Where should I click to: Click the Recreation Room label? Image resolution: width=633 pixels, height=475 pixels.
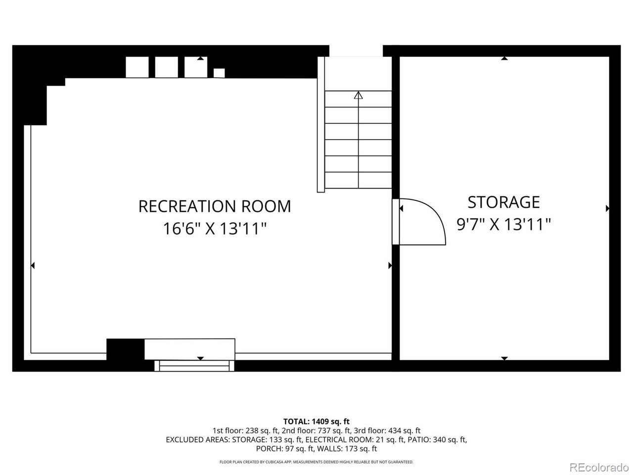click(x=215, y=206)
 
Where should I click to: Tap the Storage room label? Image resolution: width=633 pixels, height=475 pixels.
click(x=503, y=202)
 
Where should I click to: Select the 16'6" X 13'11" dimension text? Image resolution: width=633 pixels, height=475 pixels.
click(x=215, y=229)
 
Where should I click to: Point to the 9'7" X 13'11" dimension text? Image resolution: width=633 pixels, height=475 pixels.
click(x=503, y=224)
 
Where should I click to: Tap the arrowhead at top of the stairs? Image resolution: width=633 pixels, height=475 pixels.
click(x=358, y=95)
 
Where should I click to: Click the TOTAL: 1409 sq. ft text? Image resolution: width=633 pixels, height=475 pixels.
click(x=316, y=422)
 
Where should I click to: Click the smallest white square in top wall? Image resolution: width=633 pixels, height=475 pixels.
click(x=219, y=73)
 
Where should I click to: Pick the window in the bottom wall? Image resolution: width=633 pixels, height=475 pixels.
click(x=194, y=366)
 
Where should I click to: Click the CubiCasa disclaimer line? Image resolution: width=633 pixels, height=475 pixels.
click(x=316, y=462)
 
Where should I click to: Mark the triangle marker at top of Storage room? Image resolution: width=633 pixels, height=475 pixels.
click(x=504, y=58)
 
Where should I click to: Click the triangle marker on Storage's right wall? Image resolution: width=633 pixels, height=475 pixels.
click(x=607, y=208)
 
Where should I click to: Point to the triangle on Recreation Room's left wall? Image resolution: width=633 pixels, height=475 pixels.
click(x=33, y=265)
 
